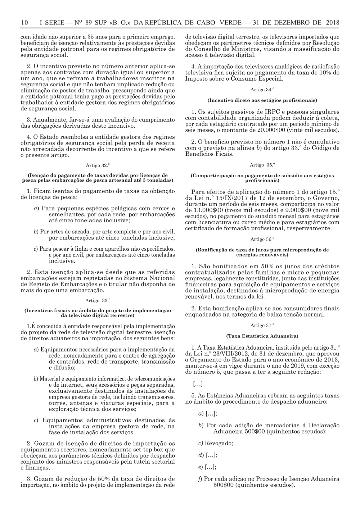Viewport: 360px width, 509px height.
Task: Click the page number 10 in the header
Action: pyautogui.click(x=24, y=23)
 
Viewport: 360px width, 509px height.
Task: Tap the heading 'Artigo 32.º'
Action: pyautogui.click(x=98, y=165)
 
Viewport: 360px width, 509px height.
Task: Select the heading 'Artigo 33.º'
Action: pyautogui.click(x=98, y=300)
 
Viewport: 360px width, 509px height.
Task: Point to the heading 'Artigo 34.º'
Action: pyautogui.click(x=262, y=90)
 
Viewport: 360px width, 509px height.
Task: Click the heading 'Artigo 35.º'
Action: pyautogui.click(x=262, y=165)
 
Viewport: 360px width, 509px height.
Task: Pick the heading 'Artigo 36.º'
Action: pyautogui.click(x=262, y=239)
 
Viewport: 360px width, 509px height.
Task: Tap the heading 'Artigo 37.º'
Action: pyautogui.click(x=262, y=326)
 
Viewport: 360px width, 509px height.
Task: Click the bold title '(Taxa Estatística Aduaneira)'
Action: pyautogui.click(x=262, y=336)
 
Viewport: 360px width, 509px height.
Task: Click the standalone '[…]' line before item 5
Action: pyautogui.click(x=198, y=384)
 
